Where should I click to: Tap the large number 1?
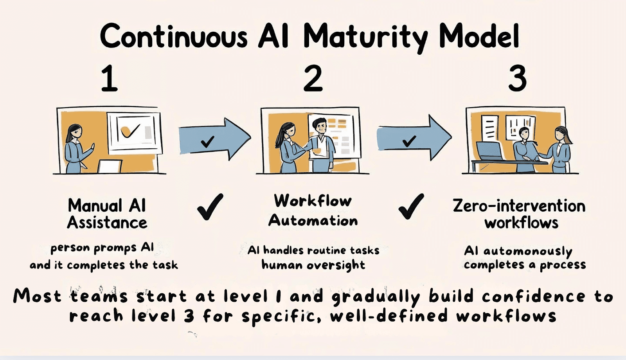click(109, 78)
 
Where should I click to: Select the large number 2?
click(313, 78)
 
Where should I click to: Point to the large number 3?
click(517, 78)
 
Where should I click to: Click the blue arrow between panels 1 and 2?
click(215, 139)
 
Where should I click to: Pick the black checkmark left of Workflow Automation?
click(210, 207)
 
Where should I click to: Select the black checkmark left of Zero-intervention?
click(411, 207)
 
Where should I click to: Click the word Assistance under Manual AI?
click(107, 223)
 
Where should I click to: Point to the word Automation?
click(313, 221)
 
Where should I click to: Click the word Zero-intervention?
click(519, 206)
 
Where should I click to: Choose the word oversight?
click(336, 265)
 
